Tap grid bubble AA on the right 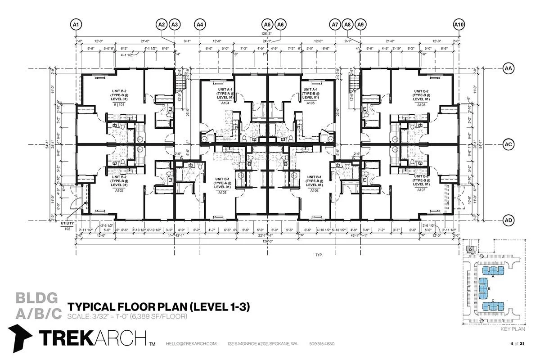pyautogui.click(x=508, y=68)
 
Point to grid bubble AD pyautogui.click(x=508, y=220)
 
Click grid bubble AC pyautogui.click(x=508, y=144)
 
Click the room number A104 pyautogui.click(x=225, y=103)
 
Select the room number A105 pyautogui.click(x=310, y=103)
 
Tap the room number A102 pyautogui.click(x=107, y=190)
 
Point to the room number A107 pyautogui.click(x=421, y=190)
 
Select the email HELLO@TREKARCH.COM pyautogui.click(x=191, y=344)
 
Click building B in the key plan pyautogui.click(x=484, y=288)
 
